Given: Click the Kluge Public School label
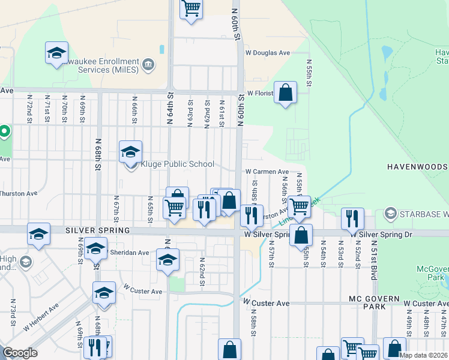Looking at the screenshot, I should pos(177,164).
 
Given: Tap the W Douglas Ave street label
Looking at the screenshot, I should pos(268,53).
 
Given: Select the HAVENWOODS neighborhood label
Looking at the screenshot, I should pos(417,166).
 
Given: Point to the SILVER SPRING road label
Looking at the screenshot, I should pos(97,230).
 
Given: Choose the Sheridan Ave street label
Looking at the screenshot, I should pos(129,253).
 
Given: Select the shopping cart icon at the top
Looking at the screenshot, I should pos(191,9).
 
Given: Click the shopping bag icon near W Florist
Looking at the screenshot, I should pos(286,93).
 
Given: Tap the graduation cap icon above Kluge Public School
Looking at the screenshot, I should pos(130,152).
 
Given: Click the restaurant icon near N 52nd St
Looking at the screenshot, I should pos(352,218).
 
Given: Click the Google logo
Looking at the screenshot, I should pos(20,353).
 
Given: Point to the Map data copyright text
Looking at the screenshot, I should pos(423,355).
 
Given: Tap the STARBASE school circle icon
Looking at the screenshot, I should pos(391,214).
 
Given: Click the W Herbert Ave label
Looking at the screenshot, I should pos(41,317).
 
